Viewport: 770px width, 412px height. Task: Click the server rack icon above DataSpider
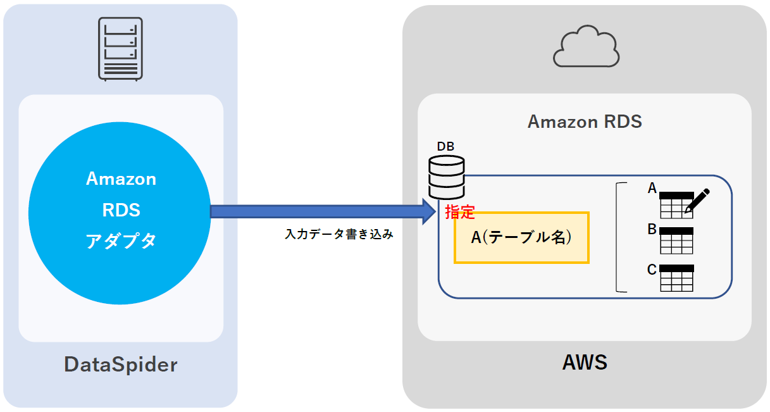coord(120,49)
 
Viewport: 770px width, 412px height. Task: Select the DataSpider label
coord(121,365)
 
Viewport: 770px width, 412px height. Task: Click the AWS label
coord(585,362)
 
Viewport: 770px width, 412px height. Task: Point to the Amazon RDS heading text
coord(585,121)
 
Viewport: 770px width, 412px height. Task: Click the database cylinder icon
coord(447,178)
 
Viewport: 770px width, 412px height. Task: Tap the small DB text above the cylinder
coord(445,147)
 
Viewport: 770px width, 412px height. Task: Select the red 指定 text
coord(460,212)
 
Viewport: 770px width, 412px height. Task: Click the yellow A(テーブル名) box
coord(521,237)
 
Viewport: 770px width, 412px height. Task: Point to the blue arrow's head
coord(430,211)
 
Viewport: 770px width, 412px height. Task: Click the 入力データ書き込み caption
coord(339,234)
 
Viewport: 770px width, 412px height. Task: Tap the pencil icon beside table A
coord(697,200)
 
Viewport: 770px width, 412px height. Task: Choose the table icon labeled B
coord(676,240)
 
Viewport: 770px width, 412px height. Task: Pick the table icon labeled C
coord(676,278)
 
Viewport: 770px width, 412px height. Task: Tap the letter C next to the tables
coord(652,270)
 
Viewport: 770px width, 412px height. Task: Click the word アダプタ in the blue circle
coord(121,240)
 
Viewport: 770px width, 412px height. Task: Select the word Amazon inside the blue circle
coord(121,179)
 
